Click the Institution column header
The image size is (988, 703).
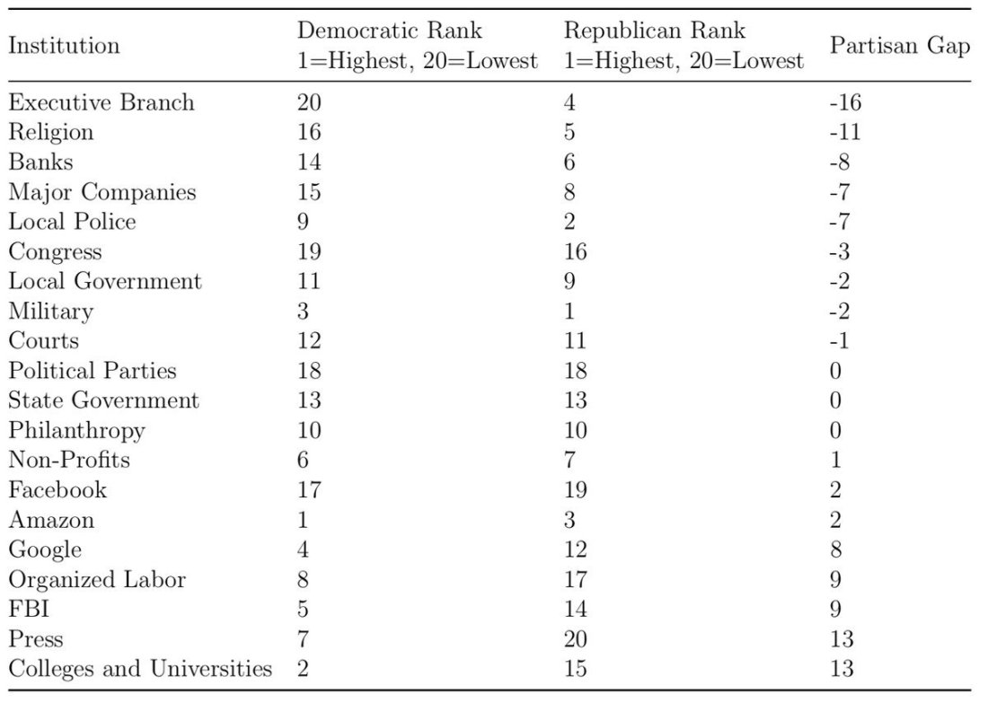click(x=65, y=46)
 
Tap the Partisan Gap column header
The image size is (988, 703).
click(x=900, y=46)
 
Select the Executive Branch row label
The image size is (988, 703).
click(x=101, y=102)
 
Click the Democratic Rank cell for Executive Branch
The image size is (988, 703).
click(x=309, y=102)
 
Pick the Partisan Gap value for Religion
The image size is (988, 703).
click(x=845, y=132)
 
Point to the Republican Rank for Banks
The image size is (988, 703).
click(x=569, y=162)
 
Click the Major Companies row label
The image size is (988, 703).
click(x=102, y=191)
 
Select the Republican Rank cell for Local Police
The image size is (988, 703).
click(x=569, y=221)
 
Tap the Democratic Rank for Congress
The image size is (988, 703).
click(x=309, y=251)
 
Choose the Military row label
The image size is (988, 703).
click(x=51, y=312)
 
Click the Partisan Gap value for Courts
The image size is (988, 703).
click(x=840, y=341)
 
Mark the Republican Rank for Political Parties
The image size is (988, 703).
click(x=575, y=371)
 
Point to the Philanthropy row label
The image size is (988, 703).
click(x=77, y=431)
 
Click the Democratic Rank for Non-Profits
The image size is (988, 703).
click(x=303, y=460)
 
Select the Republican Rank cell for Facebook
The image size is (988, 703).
click(x=575, y=489)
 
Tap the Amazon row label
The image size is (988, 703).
click(x=52, y=520)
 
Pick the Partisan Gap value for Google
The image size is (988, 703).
click(x=836, y=549)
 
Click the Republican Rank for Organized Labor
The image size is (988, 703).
click(x=575, y=579)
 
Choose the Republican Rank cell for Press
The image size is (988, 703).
click(x=575, y=638)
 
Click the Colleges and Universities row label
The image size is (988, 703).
click(x=140, y=668)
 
